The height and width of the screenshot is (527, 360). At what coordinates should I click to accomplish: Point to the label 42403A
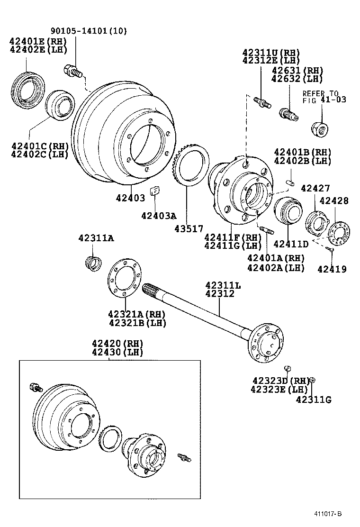point(158,216)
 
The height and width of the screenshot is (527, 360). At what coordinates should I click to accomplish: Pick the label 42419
point(332,269)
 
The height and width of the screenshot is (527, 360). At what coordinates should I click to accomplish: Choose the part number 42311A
point(96,238)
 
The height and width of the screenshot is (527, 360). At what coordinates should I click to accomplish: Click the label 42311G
point(314,400)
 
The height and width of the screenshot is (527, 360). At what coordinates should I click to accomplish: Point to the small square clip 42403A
point(154,191)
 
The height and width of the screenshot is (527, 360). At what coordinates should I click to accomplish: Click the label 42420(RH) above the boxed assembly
point(117,343)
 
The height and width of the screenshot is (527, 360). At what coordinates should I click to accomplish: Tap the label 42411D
point(291,244)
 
